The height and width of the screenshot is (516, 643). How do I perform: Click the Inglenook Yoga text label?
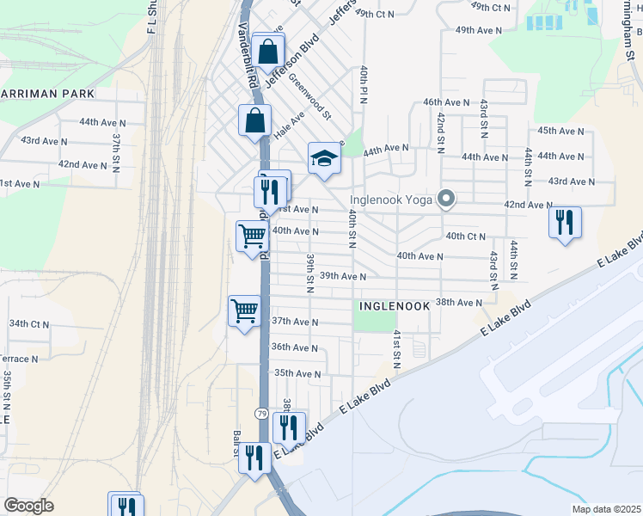pyautogui.click(x=392, y=200)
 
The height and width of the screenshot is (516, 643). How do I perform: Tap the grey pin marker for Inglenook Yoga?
pyautogui.click(x=445, y=200)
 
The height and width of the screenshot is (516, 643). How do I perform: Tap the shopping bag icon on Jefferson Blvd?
pyautogui.click(x=269, y=52)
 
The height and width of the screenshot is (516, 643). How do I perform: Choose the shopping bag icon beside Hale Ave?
pyautogui.click(x=255, y=121)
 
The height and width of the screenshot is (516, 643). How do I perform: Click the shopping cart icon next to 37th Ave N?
pyautogui.click(x=244, y=311)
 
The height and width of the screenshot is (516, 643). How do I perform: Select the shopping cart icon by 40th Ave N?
pyautogui.click(x=252, y=235)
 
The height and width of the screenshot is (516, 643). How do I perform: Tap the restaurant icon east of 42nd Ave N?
pyautogui.click(x=565, y=221)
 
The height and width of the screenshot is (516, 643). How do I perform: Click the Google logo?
pyautogui.click(x=28, y=506)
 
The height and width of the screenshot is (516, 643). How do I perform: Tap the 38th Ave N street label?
pyautogui.click(x=459, y=303)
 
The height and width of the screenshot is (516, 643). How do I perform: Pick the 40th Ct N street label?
pyautogui.click(x=465, y=236)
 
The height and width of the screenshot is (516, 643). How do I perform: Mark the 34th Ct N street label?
pyautogui.click(x=30, y=323)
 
